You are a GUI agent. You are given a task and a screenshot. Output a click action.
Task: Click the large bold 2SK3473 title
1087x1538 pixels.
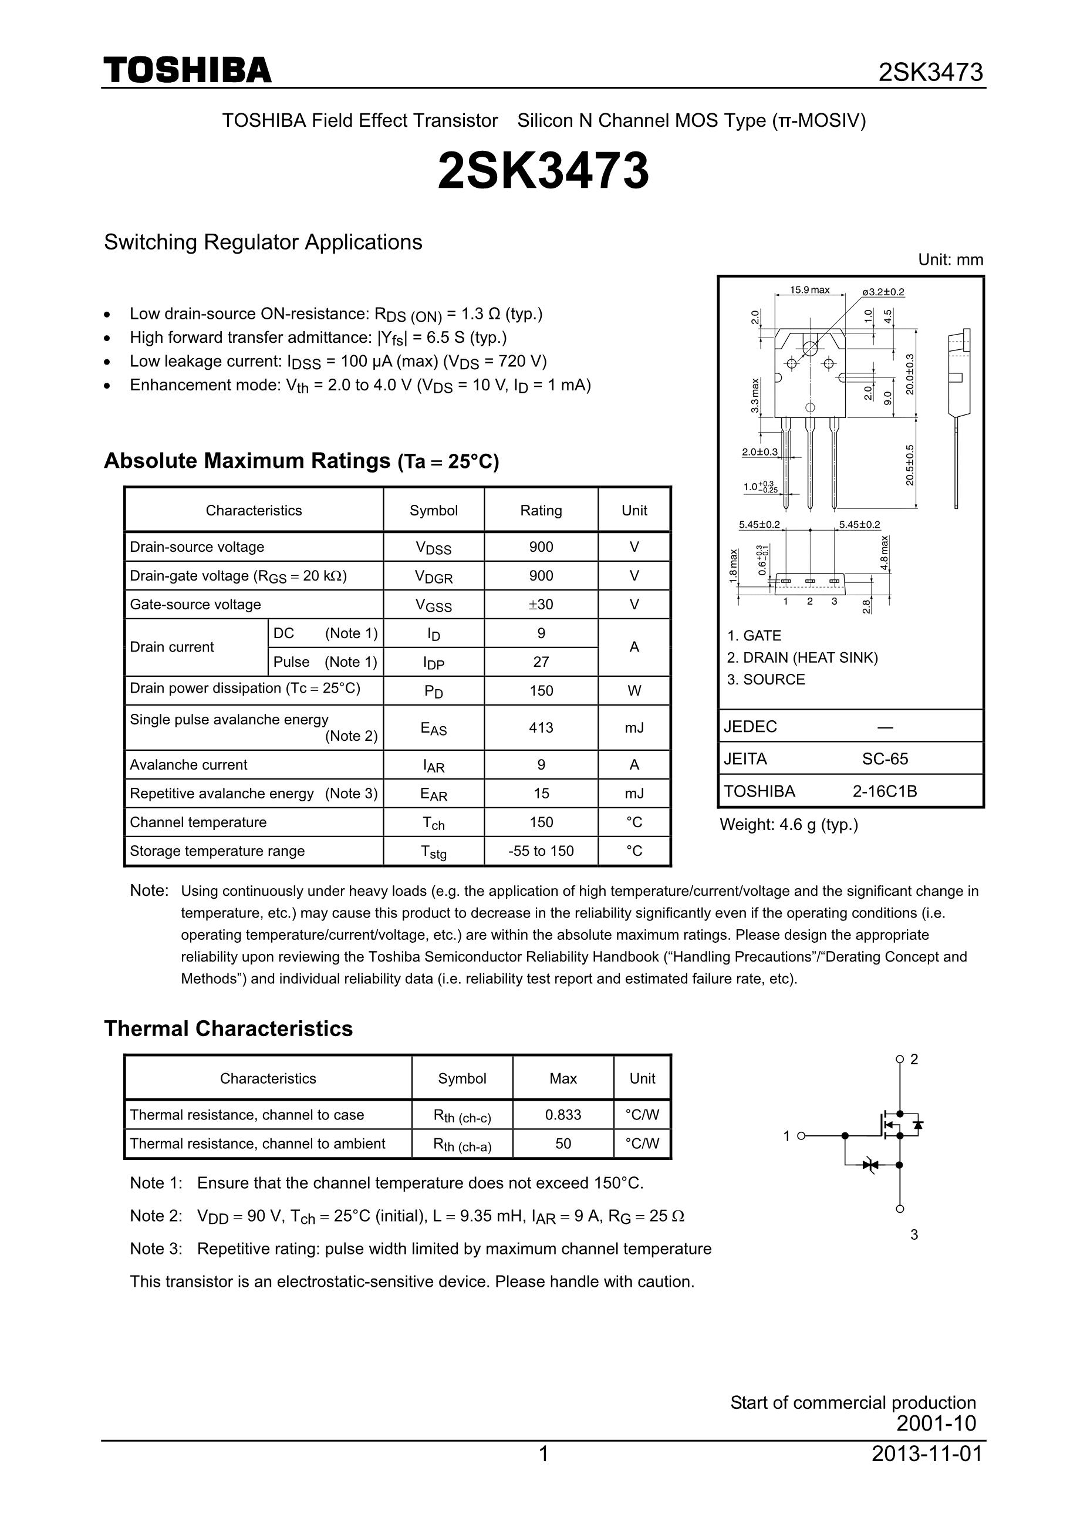coord(543,171)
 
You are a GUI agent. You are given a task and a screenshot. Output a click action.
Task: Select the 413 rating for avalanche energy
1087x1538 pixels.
coord(541,727)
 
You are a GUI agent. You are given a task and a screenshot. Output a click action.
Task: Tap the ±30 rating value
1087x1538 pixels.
coord(541,604)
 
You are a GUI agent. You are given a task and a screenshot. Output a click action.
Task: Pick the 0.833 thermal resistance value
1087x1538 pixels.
coord(563,1115)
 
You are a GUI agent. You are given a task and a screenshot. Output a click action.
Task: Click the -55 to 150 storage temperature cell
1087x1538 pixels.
coord(541,851)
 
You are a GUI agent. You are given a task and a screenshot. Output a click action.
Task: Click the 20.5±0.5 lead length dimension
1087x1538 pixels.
coord(910,465)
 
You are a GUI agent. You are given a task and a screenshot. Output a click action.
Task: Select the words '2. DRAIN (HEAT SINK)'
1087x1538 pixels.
coord(802,658)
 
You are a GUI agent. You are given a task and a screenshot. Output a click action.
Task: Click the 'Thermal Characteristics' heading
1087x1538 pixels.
coord(228,1029)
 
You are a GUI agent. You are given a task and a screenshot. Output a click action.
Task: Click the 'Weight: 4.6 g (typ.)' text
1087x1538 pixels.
coord(788,825)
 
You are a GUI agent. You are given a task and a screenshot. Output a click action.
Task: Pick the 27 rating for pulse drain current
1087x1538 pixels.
coord(541,662)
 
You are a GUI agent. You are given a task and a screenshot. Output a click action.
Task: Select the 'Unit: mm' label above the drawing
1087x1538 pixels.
coord(950,260)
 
